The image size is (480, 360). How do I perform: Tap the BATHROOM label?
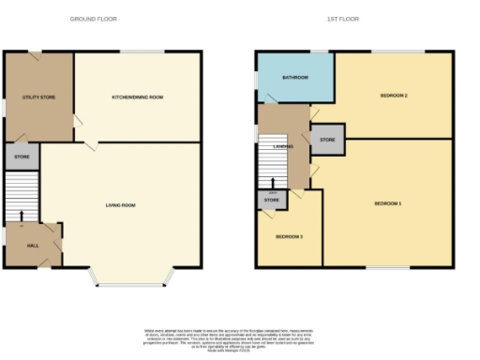point(295,77)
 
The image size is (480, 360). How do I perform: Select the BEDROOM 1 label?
point(387,203)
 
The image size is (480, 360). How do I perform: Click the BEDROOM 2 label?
point(393,96)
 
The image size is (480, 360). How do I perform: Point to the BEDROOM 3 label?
point(288,236)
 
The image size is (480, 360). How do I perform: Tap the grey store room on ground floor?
point(22,157)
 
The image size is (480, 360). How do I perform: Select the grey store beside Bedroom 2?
point(327,140)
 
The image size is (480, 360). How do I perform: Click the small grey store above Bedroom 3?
point(271,200)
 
